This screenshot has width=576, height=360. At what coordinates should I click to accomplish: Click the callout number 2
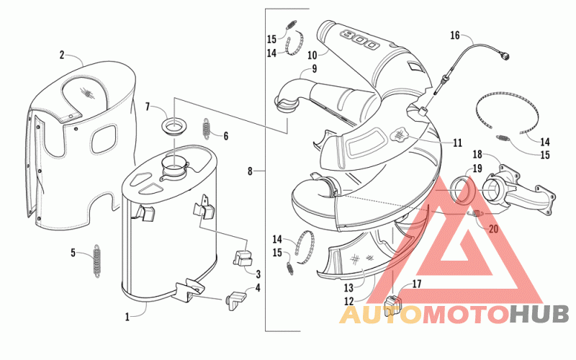[x=62, y=55]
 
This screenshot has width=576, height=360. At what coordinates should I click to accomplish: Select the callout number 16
[x=454, y=35]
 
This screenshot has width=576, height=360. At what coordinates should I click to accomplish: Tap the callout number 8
[x=250, y=171]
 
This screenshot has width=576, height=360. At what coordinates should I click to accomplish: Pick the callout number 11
[x=457, y=143]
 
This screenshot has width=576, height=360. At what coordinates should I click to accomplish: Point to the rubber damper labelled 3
[x=243, y=257]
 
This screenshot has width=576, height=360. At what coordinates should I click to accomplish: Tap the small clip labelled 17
[x=394, y=305]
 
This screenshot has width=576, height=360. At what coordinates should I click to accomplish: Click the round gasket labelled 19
[x=462, y=193]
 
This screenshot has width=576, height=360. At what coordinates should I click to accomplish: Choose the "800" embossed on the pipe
[x=359, y=40]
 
